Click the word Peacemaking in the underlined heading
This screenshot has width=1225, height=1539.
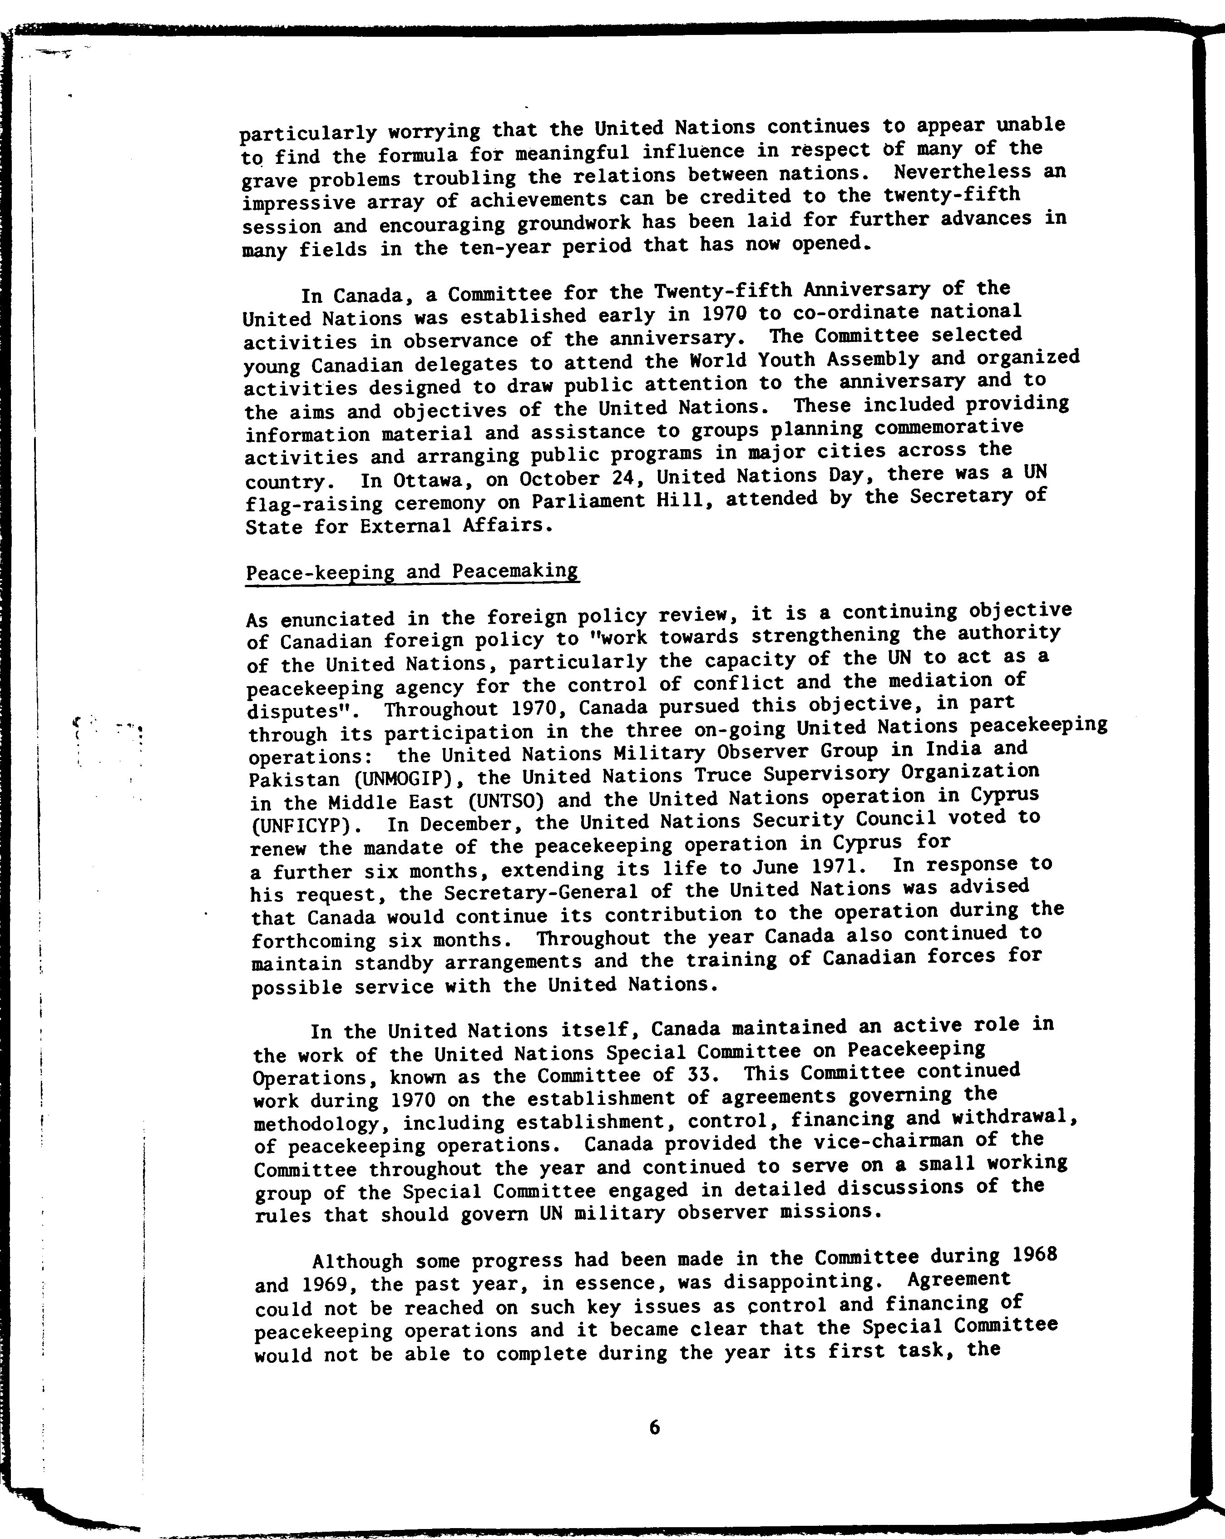[x=515, y=571]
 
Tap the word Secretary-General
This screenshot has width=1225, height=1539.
[x=550, y=892]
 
